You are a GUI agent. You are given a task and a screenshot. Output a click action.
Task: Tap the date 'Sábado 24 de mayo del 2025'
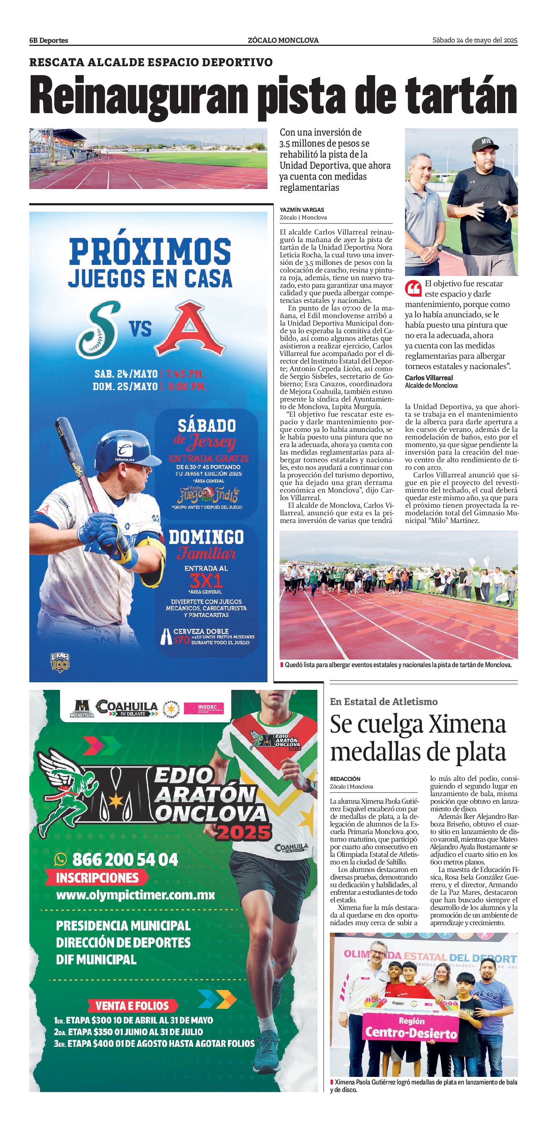[x=475, y=40]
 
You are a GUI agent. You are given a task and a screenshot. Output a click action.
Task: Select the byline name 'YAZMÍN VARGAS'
[x=302, y=210]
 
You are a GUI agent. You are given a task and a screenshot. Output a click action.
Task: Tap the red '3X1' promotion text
[x=206, y=581]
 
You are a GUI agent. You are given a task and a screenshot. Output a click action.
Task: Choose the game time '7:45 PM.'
[x=185, y=374]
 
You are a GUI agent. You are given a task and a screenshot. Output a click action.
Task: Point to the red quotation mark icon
[x=413, y=288]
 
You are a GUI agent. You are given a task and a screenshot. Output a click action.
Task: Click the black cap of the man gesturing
[x=486, y=143]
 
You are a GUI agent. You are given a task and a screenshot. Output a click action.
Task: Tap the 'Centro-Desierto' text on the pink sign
[x=411, y=1034]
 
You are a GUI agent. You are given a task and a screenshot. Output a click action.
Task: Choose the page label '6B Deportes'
[x=49, y=40]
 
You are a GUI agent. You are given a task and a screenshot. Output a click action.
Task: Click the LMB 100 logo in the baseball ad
[x=60, y=662]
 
